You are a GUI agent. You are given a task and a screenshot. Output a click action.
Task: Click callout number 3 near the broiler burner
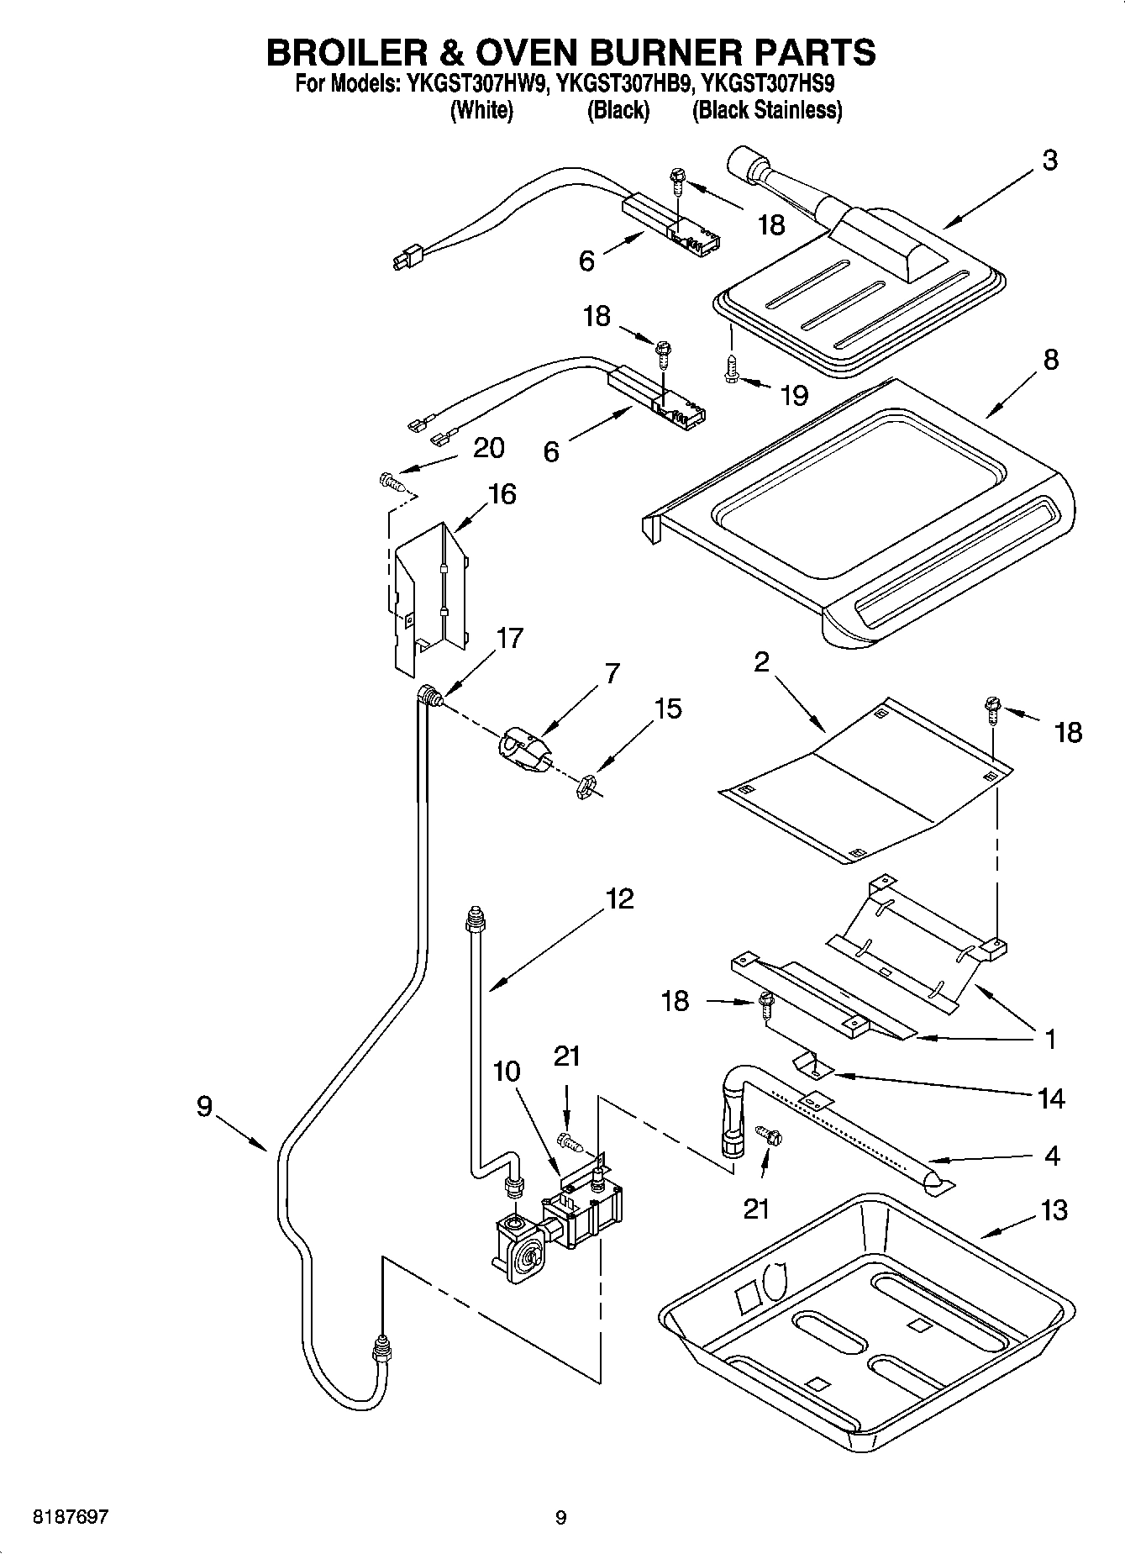click(1049, 161)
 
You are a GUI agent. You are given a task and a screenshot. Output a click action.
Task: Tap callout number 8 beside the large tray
click(1050, 360)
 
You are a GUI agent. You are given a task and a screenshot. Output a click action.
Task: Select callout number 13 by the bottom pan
click(1054, 1210)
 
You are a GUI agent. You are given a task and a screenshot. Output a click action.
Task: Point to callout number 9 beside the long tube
click(204, 1106)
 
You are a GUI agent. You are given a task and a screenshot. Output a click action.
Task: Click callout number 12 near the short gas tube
click(619, 899)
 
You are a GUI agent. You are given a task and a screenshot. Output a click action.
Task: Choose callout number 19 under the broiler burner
click(794, 394)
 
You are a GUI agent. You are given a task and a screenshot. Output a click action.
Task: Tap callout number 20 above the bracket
click(488, 448)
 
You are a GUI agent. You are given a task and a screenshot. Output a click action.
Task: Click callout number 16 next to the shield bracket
click(502, 494)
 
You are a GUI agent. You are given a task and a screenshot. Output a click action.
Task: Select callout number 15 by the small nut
click(668, 709)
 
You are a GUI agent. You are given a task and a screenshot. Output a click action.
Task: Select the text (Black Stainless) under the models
click(766, 110)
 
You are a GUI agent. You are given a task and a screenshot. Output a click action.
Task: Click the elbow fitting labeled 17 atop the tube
click(430, 694)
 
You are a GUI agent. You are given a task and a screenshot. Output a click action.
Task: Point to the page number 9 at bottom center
click(561, 1518)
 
